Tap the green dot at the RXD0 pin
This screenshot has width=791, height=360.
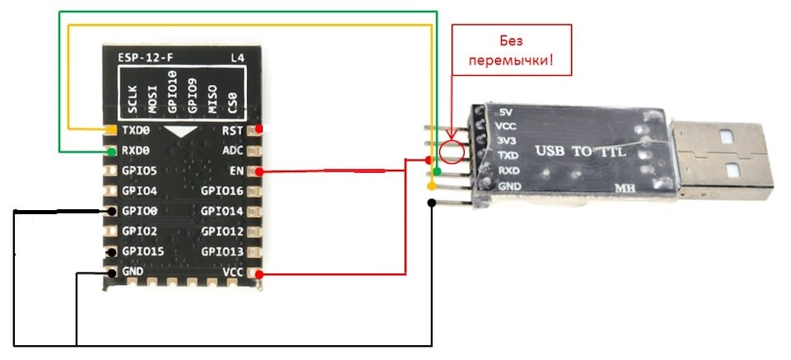(111, 152)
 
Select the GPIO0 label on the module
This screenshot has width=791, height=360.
(139, 211)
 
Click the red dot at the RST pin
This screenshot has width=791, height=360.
(260, 129)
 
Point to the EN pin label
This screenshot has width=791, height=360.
(237, 171)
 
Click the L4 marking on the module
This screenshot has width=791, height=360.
(235, 58)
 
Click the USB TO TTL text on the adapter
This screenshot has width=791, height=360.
(580, 152)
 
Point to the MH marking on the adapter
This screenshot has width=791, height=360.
(624, 188)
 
